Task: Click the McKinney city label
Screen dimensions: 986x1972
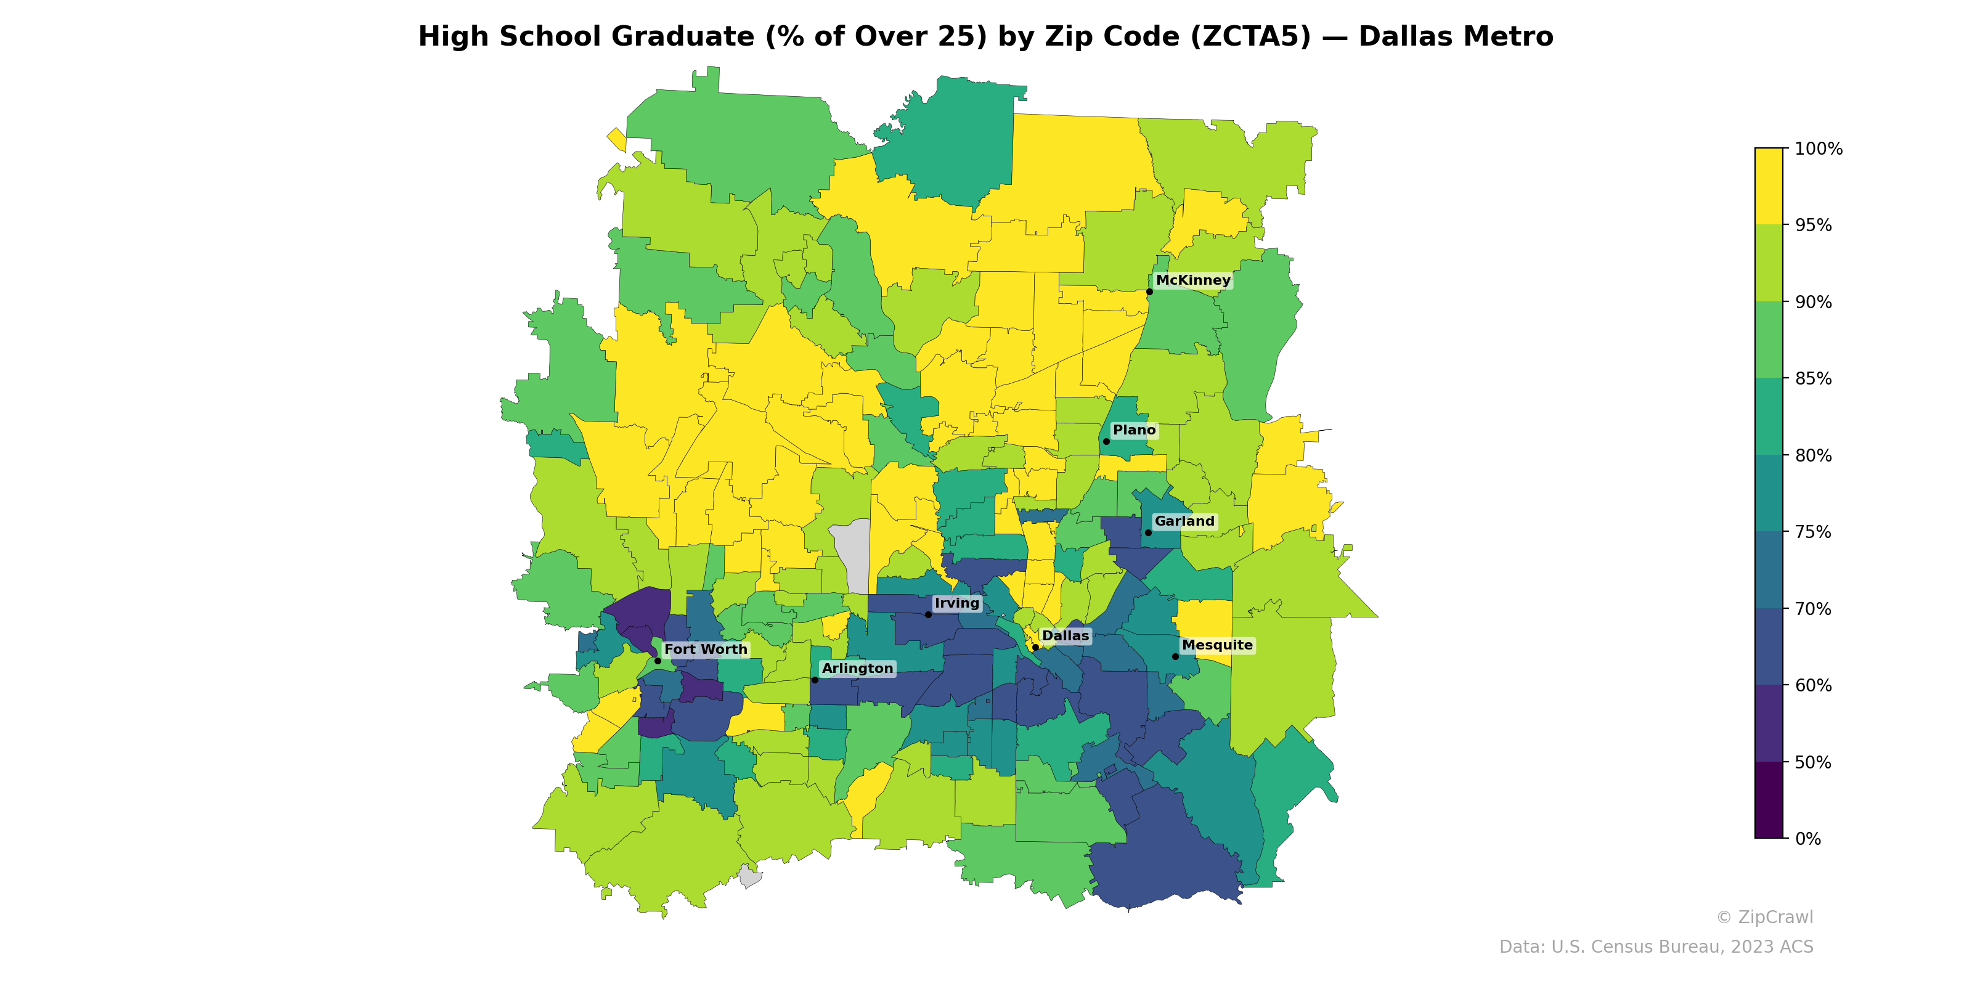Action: coord(1192,280)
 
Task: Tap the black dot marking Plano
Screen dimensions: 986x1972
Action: coord(1106,442)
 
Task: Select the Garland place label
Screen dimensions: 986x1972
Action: coord(1184,521)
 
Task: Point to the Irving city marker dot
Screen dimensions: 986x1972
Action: coord(929,615)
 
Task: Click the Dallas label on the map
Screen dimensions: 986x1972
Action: coord(1065,636)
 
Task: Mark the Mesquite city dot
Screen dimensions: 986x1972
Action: coord(1176,657)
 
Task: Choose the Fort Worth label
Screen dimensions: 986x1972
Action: coord(705,649)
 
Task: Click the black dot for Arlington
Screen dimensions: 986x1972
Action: coord(815,680)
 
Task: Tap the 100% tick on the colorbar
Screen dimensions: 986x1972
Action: coord(1818,149)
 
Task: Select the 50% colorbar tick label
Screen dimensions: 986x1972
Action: coord(1813,762)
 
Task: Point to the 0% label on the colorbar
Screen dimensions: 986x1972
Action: coord(1807,839)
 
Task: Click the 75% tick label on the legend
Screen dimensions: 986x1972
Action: coord(1813,532)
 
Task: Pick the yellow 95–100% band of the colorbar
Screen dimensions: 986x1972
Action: coord(1769,186)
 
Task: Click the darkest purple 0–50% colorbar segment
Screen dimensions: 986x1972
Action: coord(1769,800)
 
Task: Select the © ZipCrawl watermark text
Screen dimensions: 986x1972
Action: coord(1764,917)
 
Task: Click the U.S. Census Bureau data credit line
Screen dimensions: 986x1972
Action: coord(1656,947)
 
